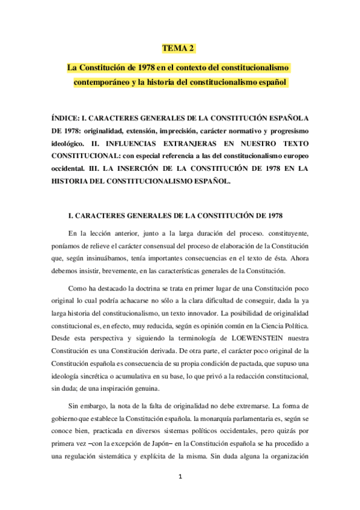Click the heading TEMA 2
(x=179, y=48)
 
